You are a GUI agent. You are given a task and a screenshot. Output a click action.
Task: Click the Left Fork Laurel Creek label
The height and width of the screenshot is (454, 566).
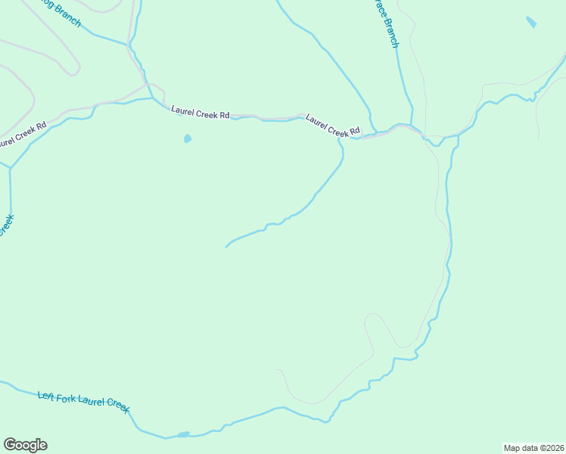click(83, 401)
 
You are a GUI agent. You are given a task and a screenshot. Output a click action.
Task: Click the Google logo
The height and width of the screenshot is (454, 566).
click(25, 445)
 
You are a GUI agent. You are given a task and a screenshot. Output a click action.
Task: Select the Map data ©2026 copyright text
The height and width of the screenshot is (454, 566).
click(533, 447)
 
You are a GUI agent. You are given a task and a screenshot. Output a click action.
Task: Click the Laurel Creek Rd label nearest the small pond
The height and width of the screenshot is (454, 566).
click(200, 113)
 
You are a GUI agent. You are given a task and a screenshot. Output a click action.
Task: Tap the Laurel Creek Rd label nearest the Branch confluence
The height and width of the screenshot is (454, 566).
click(332, 126)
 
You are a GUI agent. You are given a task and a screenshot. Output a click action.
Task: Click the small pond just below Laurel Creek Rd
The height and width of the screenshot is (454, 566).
click(187, 138)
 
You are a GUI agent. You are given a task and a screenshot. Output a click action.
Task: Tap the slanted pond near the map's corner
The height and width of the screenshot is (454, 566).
click(531, 23)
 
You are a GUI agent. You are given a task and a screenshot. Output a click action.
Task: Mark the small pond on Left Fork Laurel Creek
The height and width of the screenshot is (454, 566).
click(182, 434)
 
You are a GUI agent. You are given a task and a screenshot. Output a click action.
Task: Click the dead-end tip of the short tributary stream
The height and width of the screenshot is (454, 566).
click(226, 247)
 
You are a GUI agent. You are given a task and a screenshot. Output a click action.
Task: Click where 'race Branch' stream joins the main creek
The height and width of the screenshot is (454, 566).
click(411, 125)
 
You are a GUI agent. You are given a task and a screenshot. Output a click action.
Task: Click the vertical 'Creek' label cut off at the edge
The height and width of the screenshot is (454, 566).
click(7, 225)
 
